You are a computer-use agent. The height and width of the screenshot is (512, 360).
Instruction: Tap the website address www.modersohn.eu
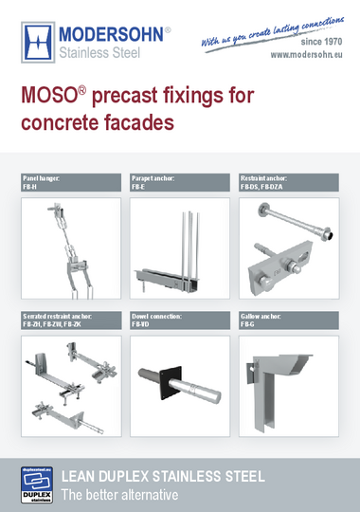pos(307,55)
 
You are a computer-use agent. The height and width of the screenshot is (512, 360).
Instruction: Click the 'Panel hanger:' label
pos(42,177)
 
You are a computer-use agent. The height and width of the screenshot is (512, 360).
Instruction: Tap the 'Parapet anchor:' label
pos(153,177)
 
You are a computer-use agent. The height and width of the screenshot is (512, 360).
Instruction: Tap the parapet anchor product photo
pos(180,248)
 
